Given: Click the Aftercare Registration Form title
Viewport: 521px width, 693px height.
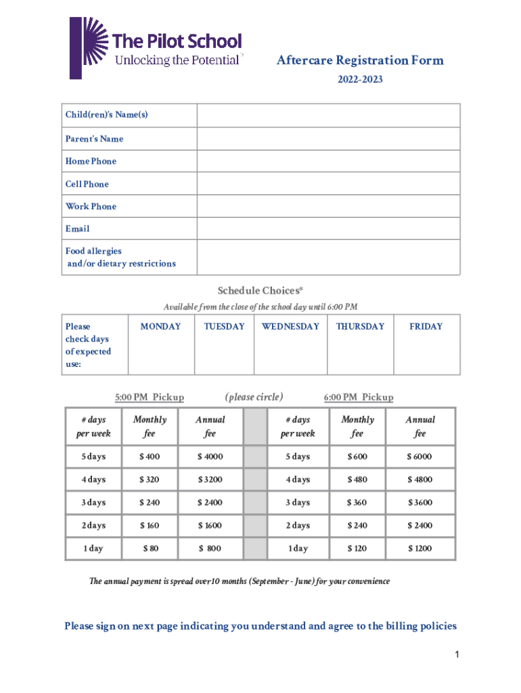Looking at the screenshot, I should [x=360, y=61].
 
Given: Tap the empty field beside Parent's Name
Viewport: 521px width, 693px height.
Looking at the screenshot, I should [x=328, y=139].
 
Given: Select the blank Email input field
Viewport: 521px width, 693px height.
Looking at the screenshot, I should [x=328, y=229].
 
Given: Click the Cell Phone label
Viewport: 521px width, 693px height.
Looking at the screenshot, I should [x=87, y=184].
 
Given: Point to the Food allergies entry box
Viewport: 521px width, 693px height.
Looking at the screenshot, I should [x=328, y=257].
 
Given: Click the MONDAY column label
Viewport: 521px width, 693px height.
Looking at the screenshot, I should [x=160, y=326].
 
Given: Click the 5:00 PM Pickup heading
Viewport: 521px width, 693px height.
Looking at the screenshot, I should [x=149, y=397].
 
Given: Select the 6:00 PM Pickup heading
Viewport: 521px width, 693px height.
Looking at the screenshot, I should [x=358, y=397].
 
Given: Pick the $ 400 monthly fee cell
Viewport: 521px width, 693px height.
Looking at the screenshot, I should [x=150, y=457].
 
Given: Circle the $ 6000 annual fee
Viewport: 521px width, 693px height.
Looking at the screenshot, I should [x=420, y=457].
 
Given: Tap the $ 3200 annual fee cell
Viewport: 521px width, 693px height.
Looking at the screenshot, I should [x=210, y=480].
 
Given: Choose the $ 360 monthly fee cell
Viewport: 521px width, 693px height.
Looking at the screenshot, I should [x=357, y=503].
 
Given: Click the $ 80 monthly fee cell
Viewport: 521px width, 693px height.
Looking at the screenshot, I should [x=150, y=549].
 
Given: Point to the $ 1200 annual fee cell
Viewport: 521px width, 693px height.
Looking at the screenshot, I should [x=420, y=549].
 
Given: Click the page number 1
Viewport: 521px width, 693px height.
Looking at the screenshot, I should [x=457, y=654].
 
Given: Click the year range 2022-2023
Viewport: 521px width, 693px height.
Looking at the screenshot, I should [x=360, y=80].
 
